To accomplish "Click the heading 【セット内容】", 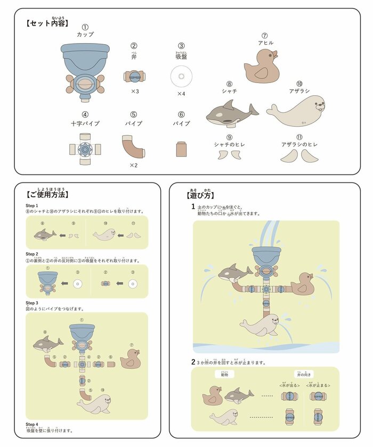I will [x=47, y=23].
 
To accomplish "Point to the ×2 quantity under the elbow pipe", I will [x=134, y=165].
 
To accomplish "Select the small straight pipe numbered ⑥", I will [x=181, y=149].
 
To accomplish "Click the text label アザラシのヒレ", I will [x=299, y=144].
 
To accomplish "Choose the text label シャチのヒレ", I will [x=229, y=144].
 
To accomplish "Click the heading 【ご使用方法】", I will [x=47, y=194].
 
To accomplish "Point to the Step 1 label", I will [x=31, y=205].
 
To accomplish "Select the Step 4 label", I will [x=31, y=424].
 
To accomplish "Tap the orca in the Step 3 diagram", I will [x=48, y=344].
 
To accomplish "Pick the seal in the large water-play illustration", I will [x=260, y=325].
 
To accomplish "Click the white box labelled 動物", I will [x=224, y=374].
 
